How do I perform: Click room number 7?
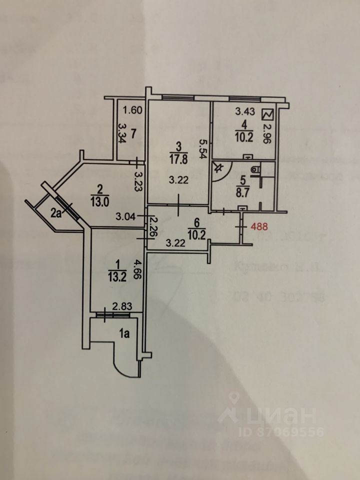(x=133, y=133)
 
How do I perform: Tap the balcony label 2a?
(x=55, y=214)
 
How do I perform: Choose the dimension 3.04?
(x=125, y=216)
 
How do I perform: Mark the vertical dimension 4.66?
(x=135, y=268)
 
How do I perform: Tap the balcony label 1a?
(x=125, y=335)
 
